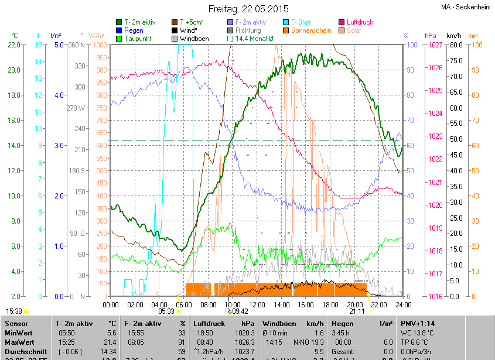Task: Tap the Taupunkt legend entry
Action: tap(138, 39)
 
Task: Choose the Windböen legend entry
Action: tap(195, 39)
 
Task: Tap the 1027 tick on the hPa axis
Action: tap(435, 45)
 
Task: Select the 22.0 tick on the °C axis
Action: tap(14, 45)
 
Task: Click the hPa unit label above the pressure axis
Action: tap(431, 36)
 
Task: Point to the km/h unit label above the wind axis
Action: tap(454, 36)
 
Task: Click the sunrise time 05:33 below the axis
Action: tap(166, 311)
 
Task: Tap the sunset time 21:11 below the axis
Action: tap(357, 311)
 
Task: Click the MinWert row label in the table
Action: tap(19, 332)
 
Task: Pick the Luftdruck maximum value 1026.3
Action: tap(245, 341)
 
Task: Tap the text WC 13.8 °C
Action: tap(421, 332)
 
